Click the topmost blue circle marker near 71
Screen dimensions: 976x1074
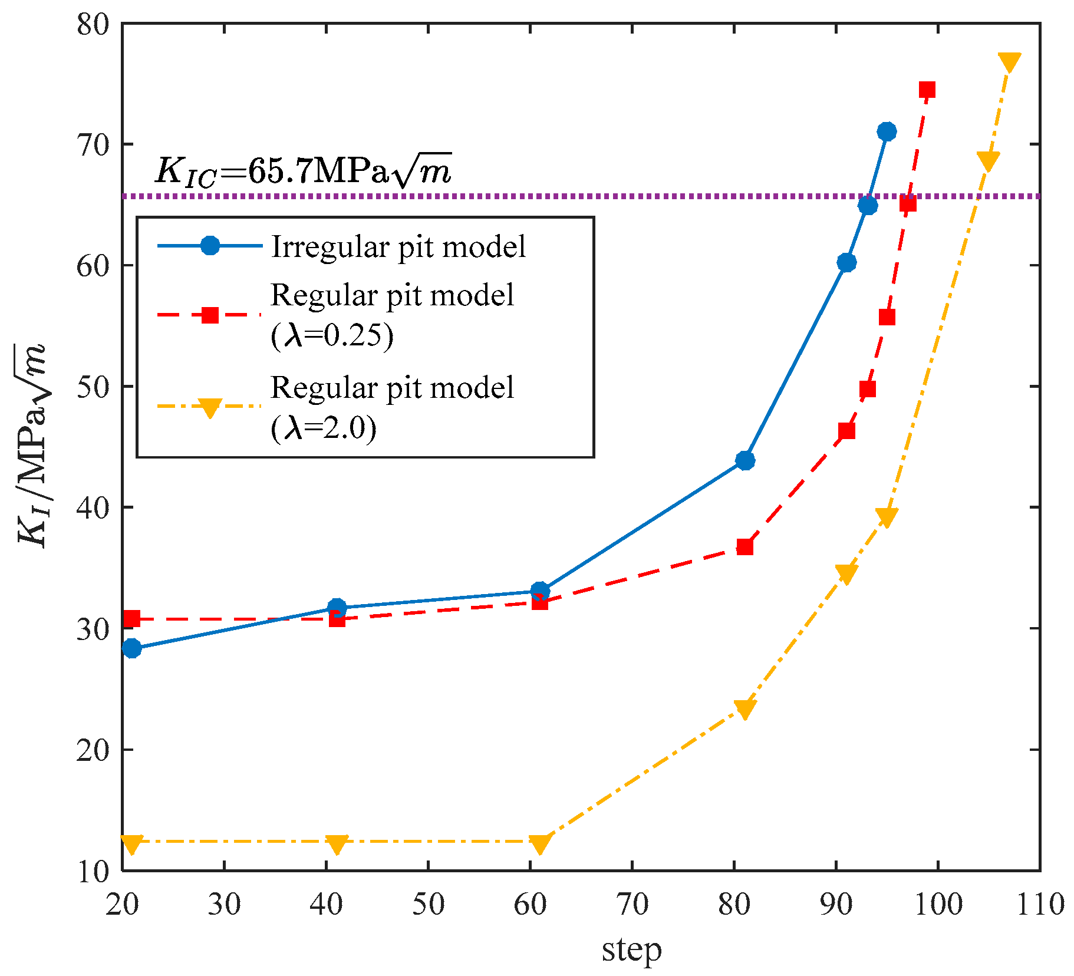point(886,131)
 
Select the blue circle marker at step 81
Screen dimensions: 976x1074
point(745,460)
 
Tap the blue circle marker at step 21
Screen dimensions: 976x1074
point(132,648)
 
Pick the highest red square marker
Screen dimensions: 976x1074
point(927,90)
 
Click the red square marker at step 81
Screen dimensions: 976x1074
point(745,547)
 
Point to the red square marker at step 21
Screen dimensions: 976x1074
point(132,618)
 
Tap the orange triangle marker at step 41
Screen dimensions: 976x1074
point(337,844)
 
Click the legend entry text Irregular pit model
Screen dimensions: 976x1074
point(398,247)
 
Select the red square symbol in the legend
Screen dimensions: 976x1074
point(210,315)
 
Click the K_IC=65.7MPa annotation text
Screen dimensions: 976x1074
point(303,171)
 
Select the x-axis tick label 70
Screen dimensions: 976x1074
point(632,904)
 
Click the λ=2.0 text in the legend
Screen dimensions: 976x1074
point(324,428)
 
